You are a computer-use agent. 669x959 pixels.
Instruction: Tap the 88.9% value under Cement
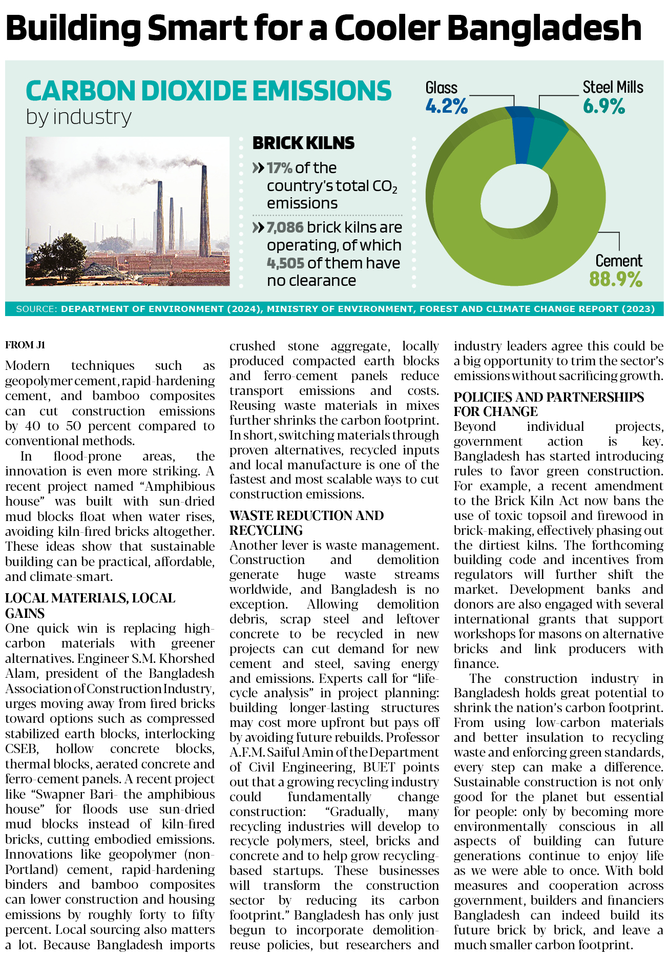click(615, 280)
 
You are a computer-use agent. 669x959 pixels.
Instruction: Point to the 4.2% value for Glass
click(446, 107)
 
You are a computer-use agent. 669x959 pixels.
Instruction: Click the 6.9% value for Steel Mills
click(603, 107)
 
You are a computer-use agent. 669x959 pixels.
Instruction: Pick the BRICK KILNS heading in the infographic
click(303, 143)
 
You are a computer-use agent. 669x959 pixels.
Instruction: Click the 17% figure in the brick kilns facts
click(279, 168)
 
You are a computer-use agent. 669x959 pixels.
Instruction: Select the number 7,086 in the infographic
click(285, 227)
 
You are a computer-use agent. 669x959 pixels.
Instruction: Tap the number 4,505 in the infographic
click(285, 263)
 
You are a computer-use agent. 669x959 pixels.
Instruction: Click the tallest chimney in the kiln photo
click(204, 210)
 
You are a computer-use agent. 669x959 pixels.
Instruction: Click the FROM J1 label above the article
click(25, 345)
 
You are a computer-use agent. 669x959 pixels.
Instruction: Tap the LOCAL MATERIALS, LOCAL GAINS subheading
click(90, 606)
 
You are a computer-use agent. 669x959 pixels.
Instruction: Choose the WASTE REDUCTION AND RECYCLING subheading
click(306, 523)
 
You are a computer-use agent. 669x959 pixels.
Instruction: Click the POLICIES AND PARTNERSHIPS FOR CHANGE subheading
click(549, 404)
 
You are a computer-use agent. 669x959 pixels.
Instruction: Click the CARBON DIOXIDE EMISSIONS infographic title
click(208, 91)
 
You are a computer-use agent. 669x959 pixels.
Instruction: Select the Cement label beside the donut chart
click(618, 261)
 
